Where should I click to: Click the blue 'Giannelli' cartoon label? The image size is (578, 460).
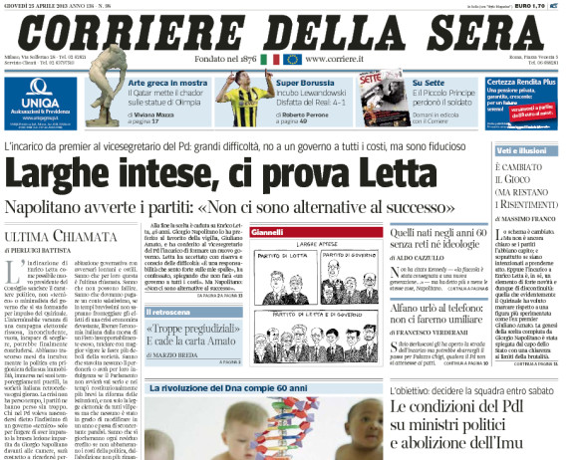pyautogui.click(x=269, y=232)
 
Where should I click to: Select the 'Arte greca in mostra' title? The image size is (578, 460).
pyautogui.click(x=165, y=82)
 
